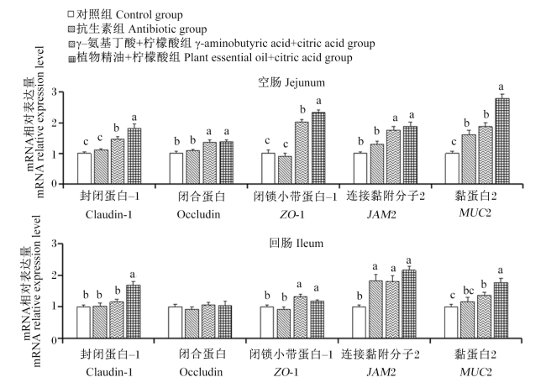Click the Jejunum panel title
[x=291, y=82]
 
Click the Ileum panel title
[x=296, y=243]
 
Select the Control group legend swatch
[x=71, y=14]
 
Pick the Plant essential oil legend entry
[x=210, y=57]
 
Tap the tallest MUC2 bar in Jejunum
[x=502, y=141]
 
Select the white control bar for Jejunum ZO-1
[x=268, y=169]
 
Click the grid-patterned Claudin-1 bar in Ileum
[x=133, y=312]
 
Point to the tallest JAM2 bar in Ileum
[x=409, y=304]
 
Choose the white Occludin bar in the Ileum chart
[x=176, y=322]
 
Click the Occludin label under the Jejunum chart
[x=198, y=214]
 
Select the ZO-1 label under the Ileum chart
[x=286, y=372]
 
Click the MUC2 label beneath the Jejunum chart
[x=475, y=212]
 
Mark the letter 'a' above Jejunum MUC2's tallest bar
[x=501, y=87]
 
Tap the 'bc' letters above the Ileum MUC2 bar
[x=469, y=290]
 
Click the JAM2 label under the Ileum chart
[x=381, y=372]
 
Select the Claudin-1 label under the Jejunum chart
[x=109, y=214]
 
